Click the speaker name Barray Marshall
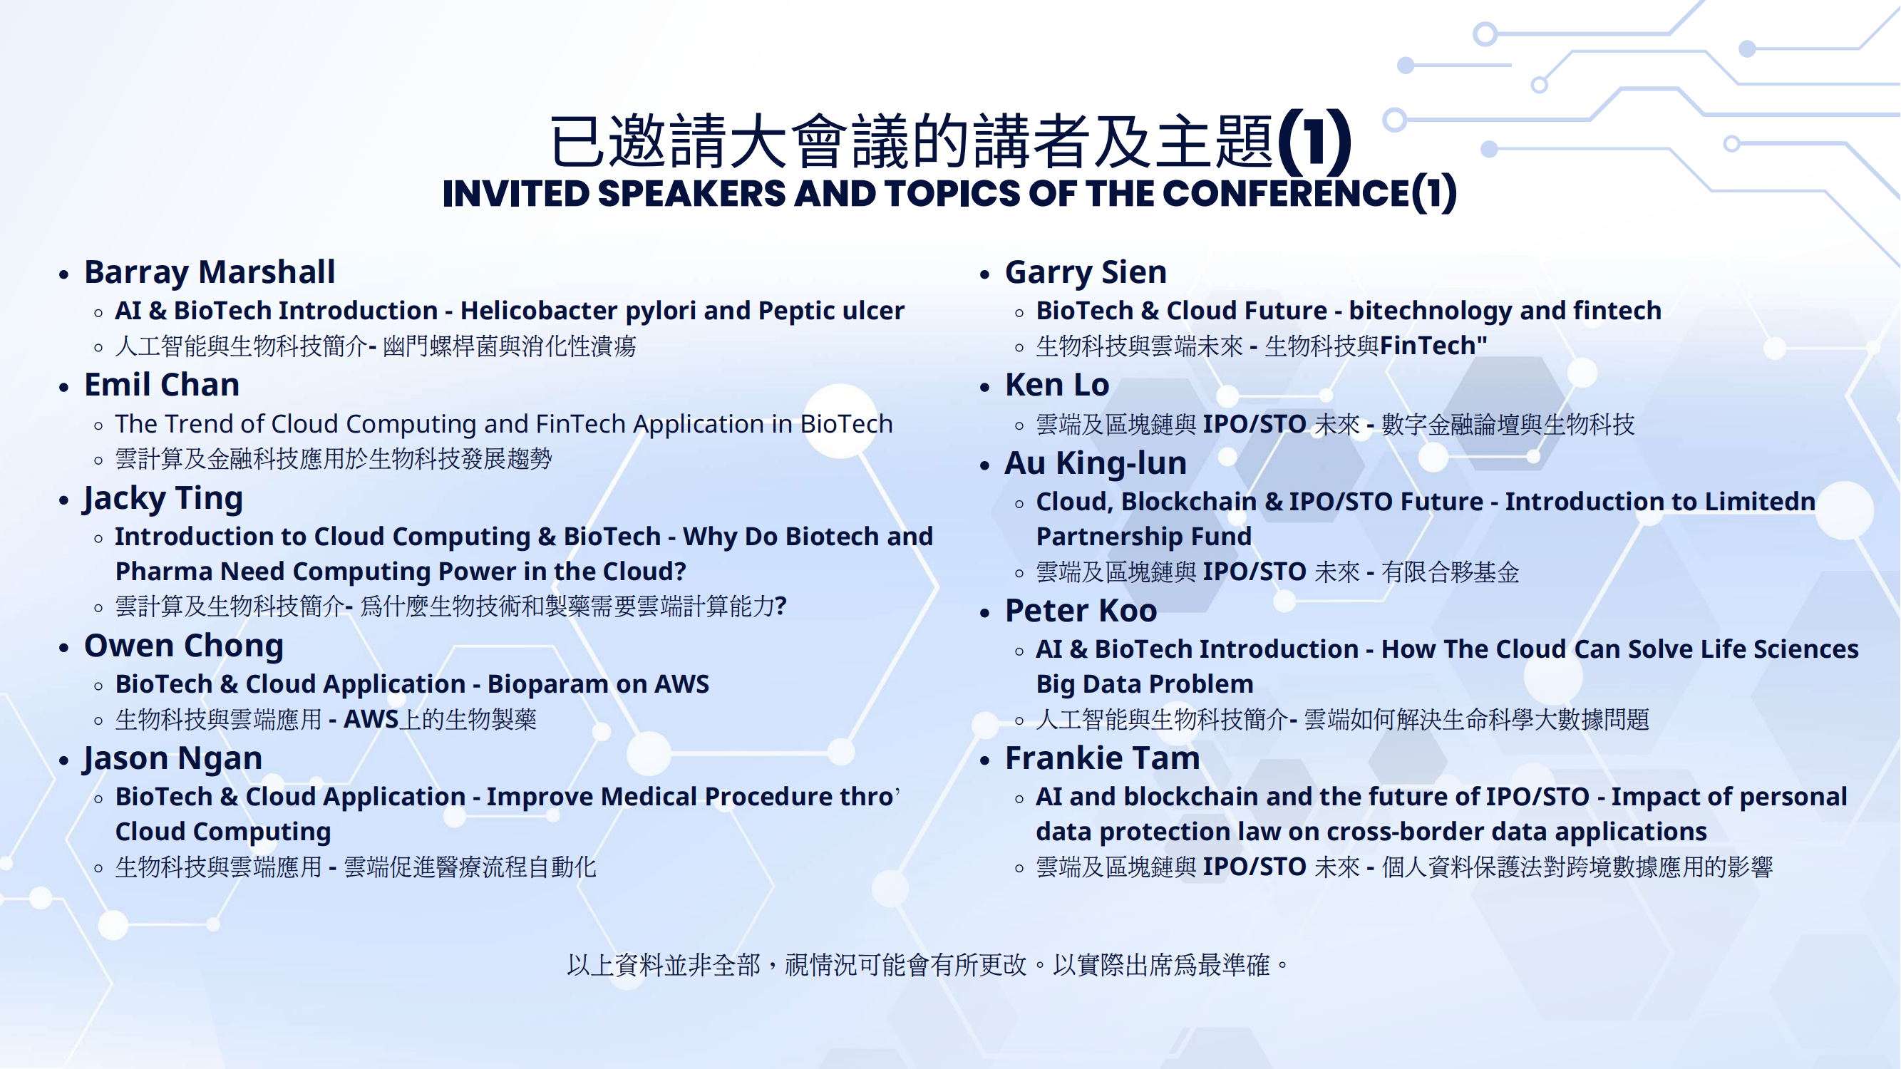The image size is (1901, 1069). click(x=210, y=272)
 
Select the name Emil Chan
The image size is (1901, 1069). click(x=162, y=384)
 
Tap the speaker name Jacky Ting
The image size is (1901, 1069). click(x=163, y=498)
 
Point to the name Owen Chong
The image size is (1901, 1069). click(x=184, y=646)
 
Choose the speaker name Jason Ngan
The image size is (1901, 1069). click(x=172, y=758)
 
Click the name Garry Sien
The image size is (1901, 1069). click(x=1086, y=272)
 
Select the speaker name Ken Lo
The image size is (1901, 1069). click(x=1057, y=384)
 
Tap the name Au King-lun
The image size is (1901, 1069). click(x=1096, y=463)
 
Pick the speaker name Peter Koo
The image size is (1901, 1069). click(x=1081, y=610)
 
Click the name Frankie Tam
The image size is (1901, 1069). click(x=1103, y=758)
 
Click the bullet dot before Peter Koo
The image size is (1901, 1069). click(x=984, y=613)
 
